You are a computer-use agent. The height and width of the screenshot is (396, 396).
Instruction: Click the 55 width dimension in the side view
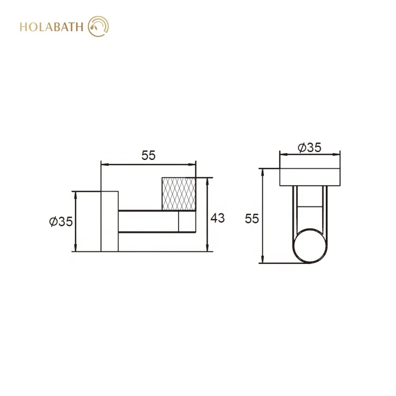point(148,155)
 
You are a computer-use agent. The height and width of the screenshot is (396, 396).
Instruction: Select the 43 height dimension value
point(218,218)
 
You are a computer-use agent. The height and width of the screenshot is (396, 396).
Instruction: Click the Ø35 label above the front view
point(309,148)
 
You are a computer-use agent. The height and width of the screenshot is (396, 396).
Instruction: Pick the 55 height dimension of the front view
point(252,218)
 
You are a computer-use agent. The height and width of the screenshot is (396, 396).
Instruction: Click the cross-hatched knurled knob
point(180,194)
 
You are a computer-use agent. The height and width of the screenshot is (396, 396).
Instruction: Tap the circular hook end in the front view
point(310,247)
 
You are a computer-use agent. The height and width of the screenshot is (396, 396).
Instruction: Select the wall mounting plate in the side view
point(109,221)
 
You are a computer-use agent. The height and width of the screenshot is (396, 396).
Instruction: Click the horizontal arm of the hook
point(148,222)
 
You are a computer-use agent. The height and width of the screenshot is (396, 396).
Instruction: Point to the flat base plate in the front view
point(310,177)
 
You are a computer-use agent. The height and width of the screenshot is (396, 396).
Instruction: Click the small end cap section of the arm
point(187,222)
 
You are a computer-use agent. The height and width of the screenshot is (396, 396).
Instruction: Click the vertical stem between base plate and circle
point(310,209)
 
